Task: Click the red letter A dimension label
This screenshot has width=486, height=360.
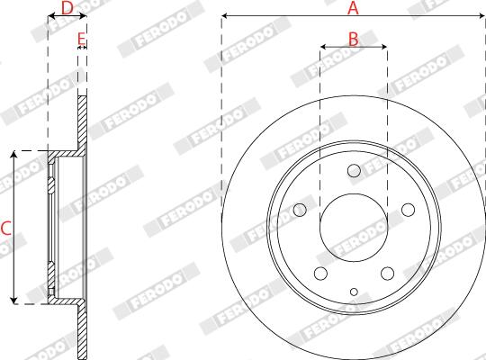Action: [353, 8]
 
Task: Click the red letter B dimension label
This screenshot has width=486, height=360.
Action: [354, 40]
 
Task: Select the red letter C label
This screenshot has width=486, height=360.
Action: [6, 229]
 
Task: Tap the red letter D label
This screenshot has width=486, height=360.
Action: [67, 8]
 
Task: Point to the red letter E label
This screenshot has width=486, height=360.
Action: [81, 39]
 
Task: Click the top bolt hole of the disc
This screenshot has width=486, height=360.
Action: [354, 170]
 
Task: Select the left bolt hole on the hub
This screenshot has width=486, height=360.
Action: [300, 210]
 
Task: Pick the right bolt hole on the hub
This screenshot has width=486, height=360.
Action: [408, 210]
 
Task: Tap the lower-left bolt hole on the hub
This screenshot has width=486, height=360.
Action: [320, 274]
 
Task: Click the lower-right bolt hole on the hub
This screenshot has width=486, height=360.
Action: [387, 274]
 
